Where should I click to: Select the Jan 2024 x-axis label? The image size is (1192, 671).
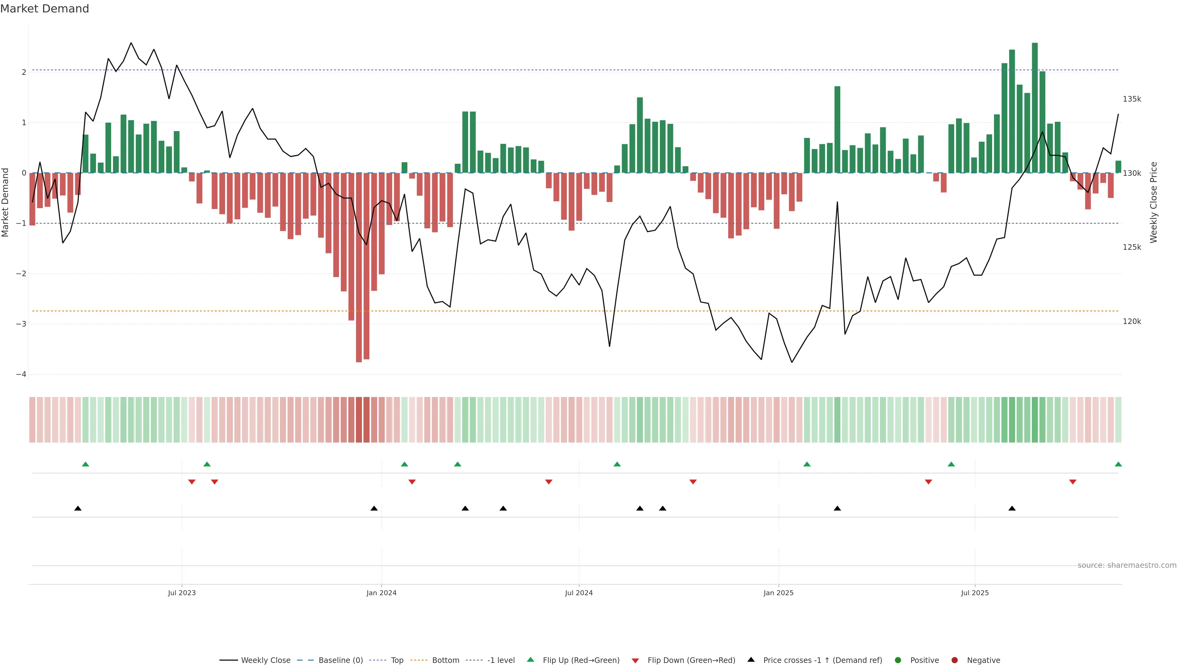pos(381,593)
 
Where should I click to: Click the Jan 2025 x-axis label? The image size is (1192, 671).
pos(778,593)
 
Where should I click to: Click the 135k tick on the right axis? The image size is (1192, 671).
pos(1132,99)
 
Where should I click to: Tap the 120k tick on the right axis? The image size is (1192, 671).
pos(1132,322)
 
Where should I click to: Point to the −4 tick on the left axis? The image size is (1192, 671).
pos(21,374)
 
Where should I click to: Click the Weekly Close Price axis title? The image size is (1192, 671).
pos(1154,202)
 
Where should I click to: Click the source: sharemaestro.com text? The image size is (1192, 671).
pos(1127,565)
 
